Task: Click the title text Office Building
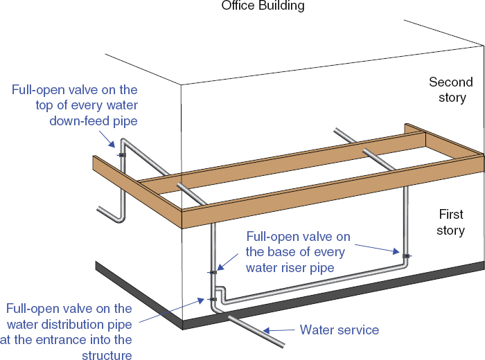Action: [x=263, y=6]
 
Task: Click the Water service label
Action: [x=339, y=330]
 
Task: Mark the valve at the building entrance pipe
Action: [x=213, y=299]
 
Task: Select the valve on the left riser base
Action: [x=213, y=272]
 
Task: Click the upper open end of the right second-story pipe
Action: [x=337, y=130]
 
